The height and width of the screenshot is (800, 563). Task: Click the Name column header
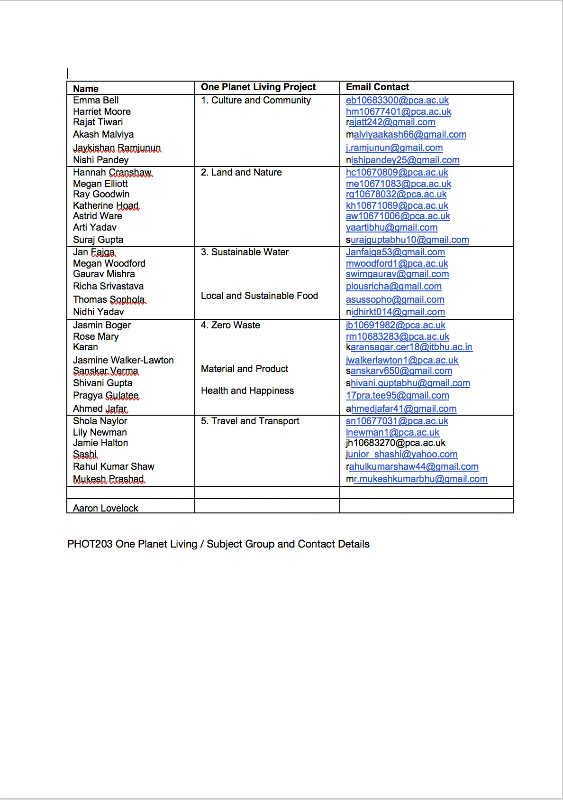[x=86, y=89]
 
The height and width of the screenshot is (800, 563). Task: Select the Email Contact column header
[x=377, y=87]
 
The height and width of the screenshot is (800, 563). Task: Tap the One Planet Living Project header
[x=258, y=87]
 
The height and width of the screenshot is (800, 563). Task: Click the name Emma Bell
[x=96, y=100]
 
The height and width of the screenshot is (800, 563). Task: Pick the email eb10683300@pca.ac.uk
[x=397, y=100]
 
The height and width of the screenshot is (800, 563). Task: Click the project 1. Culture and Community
[x=256, y=100]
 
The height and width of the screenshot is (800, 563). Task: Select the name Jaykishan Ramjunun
[x=117, y=148]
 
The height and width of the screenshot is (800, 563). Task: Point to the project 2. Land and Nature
[x=241, y=172]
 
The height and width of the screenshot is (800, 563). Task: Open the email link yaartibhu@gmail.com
[x=391, y=227]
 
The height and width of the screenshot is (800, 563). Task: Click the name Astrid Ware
[x=98, y=216]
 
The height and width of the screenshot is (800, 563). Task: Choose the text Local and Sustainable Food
[x=259, y=296]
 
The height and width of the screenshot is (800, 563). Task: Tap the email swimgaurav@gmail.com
[x=397, y=274]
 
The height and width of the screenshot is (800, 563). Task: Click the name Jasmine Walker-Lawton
[x=123, y=360]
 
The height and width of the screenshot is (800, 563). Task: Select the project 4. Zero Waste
[x=230, y=325]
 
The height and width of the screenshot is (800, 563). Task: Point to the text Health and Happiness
[x=247, y=391]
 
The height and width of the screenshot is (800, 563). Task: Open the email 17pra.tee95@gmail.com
[x=397, y=395]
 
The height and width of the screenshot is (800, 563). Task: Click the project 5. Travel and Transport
[x=250, y=421]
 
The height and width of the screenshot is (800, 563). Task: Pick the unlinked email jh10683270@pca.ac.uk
[x=396, y=443]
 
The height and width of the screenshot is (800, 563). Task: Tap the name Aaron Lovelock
[x=106, y=508]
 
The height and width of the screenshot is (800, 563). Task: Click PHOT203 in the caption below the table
[x=90, y=544]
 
